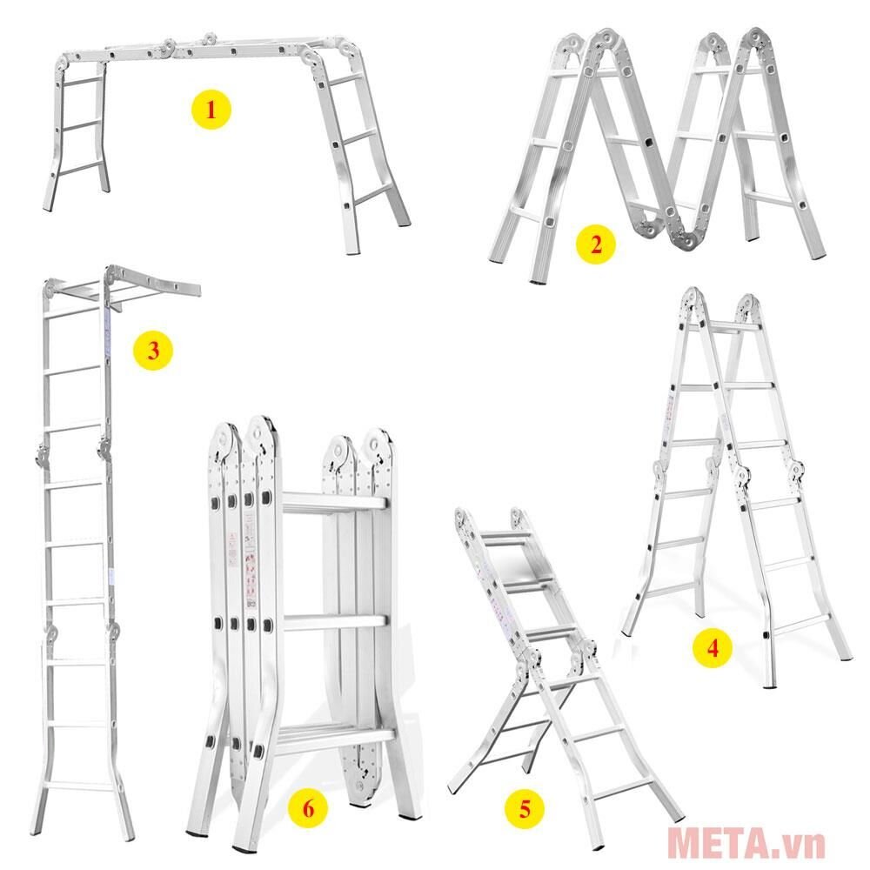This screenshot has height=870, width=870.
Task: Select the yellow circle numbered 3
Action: (153, 351)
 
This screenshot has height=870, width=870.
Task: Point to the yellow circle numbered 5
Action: (525, 807)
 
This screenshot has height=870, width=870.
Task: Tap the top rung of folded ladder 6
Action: (331, 502)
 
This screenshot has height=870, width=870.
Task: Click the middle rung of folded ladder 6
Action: (332, 623)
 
